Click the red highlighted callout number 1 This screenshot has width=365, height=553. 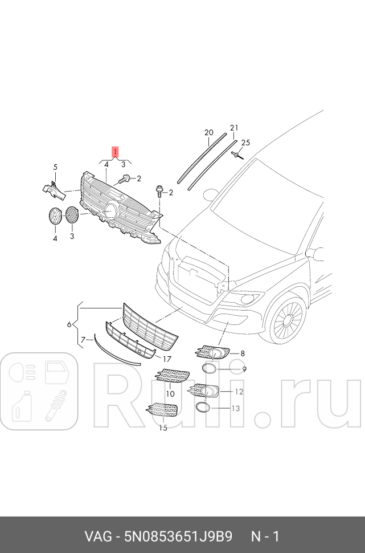tap(115, 152)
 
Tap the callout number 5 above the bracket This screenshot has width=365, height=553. tap(55, 167)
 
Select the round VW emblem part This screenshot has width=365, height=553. tap(55, 217)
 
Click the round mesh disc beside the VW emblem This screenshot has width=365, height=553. tap(72, 215)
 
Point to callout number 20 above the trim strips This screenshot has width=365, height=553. tap(208, 133)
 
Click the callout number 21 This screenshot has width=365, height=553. tap(233, 128)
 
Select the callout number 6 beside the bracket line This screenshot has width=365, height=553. tap(69, 324)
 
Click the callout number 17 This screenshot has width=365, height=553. tap(167, 359)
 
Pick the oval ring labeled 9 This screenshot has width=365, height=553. tap(210, 369)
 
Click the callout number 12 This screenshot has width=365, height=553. tap(239, 392)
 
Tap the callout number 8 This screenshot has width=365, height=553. tap(242, 354)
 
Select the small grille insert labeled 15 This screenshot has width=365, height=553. tap(162, 410)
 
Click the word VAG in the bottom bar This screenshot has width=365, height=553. tap(97, 536)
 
